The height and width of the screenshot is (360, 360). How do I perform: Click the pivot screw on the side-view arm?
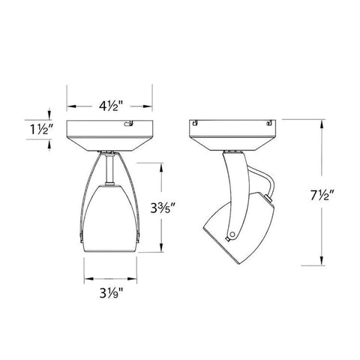tap(234, 234)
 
